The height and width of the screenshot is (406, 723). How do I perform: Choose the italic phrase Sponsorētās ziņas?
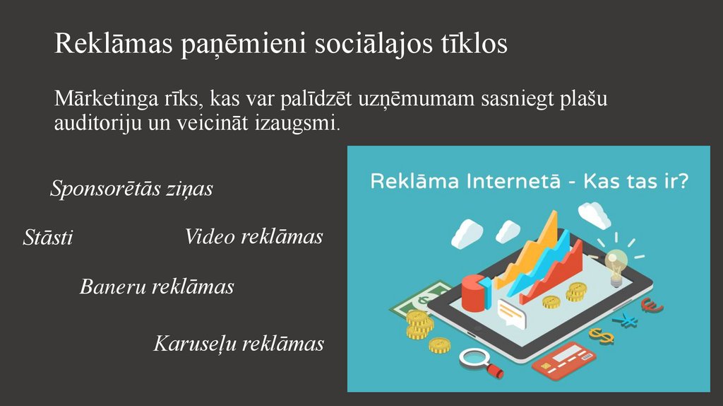click(x=131, y=189)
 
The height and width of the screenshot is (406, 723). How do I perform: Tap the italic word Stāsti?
click(x=48, y=238)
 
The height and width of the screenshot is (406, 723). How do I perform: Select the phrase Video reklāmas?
click(x=253, y=236)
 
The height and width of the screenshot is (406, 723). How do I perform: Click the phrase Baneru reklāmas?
click(x=157, y=286)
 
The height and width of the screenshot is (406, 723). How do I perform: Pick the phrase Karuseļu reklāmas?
click(x=239, y=344)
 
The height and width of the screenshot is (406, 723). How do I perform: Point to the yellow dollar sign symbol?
click(x=601, y=334)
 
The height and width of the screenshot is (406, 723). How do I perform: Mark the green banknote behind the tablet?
click(x=417, y=301)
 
